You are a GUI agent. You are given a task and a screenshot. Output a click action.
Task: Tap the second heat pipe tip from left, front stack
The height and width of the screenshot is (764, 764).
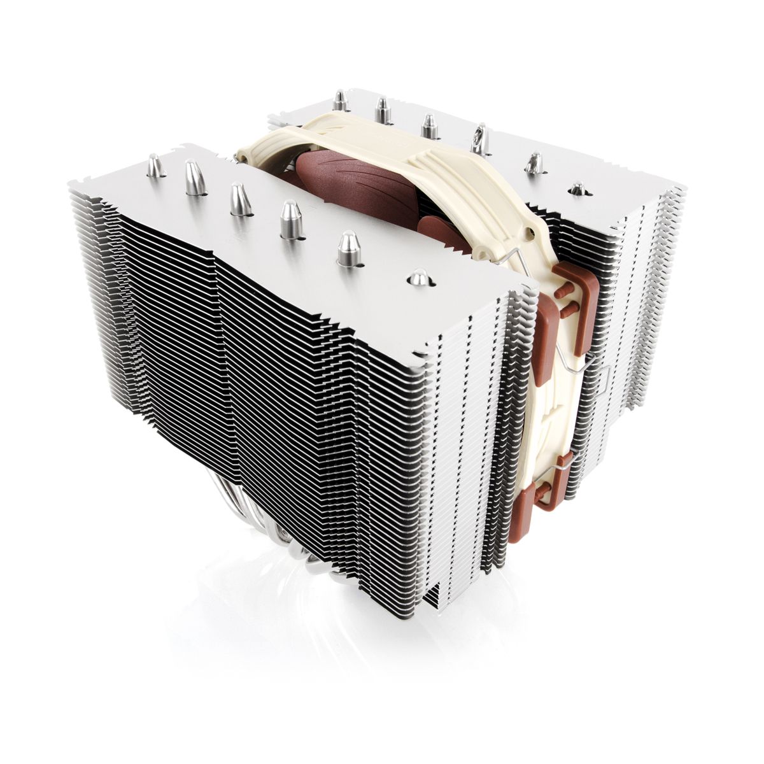(195, 178)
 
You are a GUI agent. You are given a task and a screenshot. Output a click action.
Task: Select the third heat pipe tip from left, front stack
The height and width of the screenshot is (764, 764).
(241, 199)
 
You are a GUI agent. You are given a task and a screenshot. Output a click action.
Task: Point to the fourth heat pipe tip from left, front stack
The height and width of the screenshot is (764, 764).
(291, 220)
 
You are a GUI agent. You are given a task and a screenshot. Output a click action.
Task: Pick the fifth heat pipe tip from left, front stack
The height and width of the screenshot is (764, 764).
(348, 248)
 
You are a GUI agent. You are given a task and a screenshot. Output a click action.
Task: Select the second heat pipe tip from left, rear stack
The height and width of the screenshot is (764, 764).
(383, 111)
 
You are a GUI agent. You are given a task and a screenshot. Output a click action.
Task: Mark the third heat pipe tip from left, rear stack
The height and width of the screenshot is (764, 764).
(429, 125)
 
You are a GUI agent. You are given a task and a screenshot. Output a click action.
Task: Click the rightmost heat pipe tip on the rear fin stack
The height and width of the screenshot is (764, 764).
(577, 188)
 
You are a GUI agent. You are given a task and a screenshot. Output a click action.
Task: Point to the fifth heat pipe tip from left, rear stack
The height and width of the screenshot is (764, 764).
(534, 163)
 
